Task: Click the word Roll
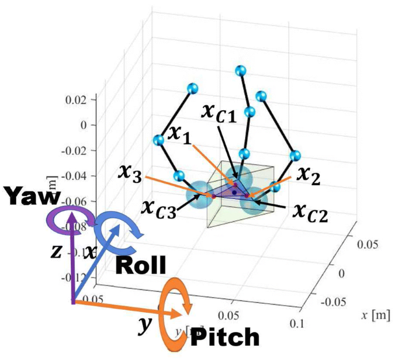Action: [x=140, y=266]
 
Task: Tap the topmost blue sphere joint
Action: [x=241, y=71]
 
